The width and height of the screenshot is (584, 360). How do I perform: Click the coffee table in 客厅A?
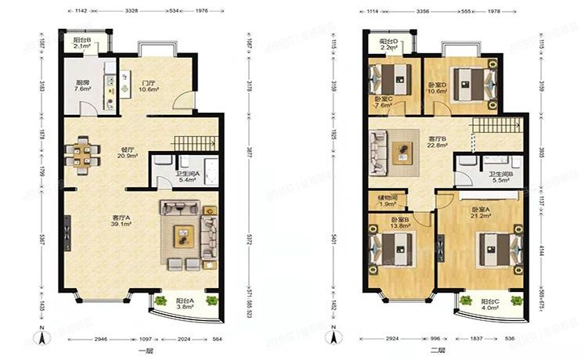[182, 232]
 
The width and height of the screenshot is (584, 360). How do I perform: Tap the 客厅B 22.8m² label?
[438, 142]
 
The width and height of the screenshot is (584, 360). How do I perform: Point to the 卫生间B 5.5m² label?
[500, 177]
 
